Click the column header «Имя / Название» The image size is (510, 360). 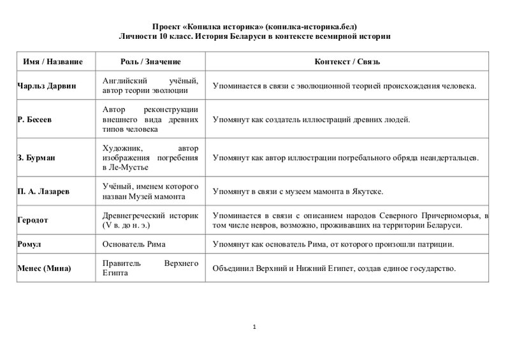[54, 61]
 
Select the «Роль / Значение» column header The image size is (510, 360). [150, 61]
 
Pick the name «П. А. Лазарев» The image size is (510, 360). [43, 191]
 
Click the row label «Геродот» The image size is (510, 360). [33, 220]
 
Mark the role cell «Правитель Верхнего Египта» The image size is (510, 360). [151, 268]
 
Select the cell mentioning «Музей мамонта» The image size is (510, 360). [151, 191]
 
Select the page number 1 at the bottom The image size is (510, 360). [254, 328]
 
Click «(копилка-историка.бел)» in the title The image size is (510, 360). [307, 26]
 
